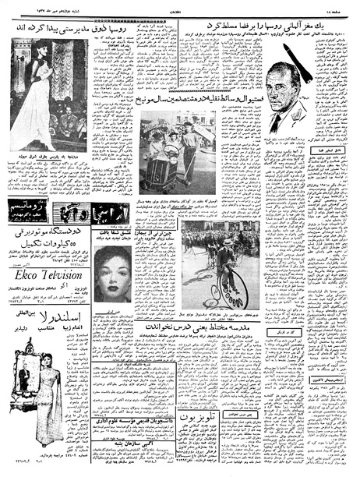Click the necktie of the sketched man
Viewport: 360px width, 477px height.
click(276, 124)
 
